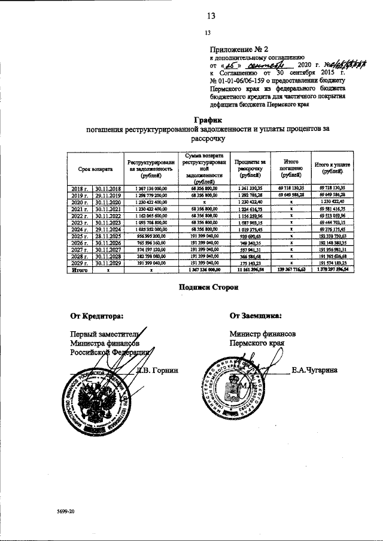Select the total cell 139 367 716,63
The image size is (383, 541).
(291, 270)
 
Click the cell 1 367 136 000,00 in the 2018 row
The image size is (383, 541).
(153, 188)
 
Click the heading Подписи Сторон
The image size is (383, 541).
(209, 288)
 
